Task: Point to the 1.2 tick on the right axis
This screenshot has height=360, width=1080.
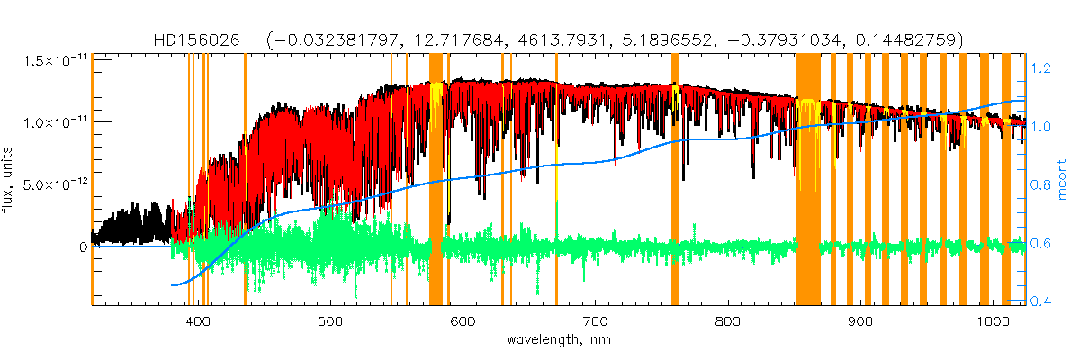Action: click(1042, 68)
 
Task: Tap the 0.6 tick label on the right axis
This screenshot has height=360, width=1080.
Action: click(1042, 243)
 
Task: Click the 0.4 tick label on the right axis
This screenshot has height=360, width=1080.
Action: click(1042, 301)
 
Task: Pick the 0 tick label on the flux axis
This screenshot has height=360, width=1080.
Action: click(83, 246)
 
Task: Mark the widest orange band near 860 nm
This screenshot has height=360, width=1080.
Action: click(807, 180)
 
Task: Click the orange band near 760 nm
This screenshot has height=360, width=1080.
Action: click(675, 180)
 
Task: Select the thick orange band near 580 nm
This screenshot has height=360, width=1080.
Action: click(436, 180)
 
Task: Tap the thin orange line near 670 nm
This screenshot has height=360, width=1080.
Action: click(556, 180)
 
